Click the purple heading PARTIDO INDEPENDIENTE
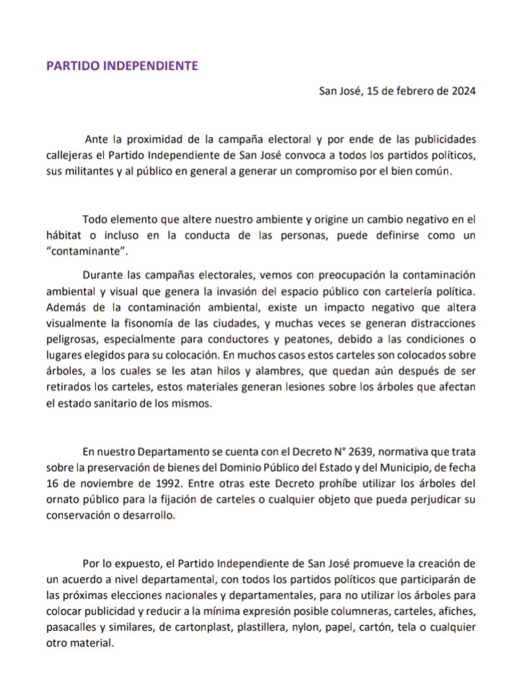122,65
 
